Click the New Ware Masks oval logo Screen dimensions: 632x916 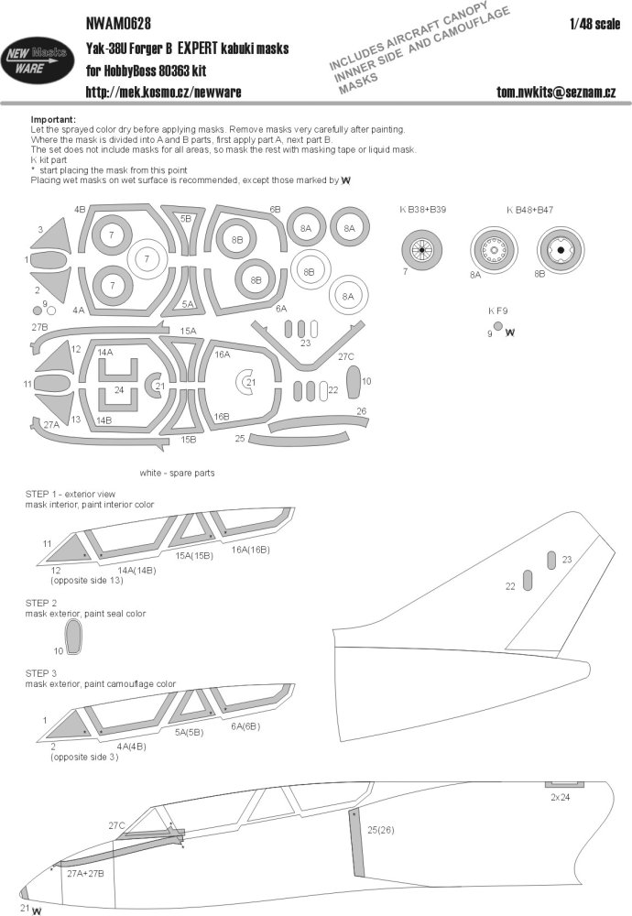tap(38, 60)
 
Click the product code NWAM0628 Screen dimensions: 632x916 tap(118, 23)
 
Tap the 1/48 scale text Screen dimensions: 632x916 tap(594, 24)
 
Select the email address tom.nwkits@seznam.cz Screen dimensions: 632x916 tap(556, 93)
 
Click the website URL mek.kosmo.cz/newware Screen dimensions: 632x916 tap(163, 92)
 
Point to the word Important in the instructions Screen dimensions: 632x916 tap(53, 119)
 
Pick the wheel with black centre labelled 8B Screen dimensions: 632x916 tap(561, 250)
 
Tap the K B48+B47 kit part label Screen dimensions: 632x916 tap(529, 210)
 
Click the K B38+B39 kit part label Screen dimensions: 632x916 tap(423, 209)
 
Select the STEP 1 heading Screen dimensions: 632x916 tap(41, 495)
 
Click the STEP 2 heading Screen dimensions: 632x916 tap(41, 603)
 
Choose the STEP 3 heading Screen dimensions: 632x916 tap(41, 673)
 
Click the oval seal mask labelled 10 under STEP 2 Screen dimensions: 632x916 tap(73, 637)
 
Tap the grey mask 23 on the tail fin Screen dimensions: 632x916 tap(552, 560)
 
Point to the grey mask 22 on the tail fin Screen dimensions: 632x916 tap(528, 580)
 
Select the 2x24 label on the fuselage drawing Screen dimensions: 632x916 tap(560, 797)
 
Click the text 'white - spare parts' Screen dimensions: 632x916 tap(177, 473)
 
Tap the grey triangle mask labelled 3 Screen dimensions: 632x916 tap(57, 236)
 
